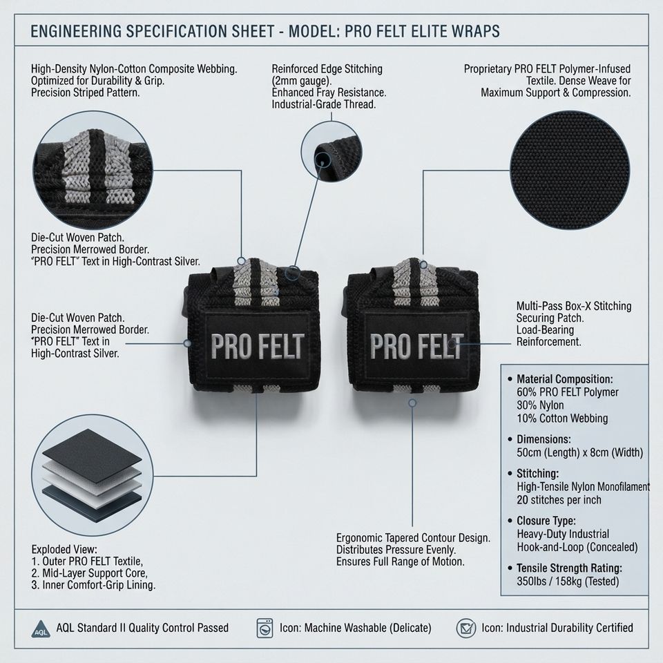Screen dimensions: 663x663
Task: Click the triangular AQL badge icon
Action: click(41, 628)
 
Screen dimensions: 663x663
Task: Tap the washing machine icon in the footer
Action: click(265, 628)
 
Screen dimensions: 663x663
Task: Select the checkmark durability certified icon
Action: click(466, 628)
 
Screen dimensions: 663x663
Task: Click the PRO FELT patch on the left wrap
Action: click(257, 346)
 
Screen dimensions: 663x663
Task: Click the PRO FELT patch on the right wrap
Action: click(417, 346)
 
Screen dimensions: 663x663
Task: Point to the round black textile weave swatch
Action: click(570, 171)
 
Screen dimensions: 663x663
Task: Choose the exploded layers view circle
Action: click(92, 475)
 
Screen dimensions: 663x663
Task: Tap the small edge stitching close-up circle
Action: click(331, 151)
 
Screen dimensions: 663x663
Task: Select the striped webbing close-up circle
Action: click(93, 171)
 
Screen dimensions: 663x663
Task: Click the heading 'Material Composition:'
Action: click(564, 379)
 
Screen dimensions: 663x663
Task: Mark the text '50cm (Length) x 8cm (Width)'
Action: click(579, 452)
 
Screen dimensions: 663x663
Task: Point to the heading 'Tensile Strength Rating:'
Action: click(569, 568)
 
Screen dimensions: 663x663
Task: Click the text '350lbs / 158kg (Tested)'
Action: click(568, 581)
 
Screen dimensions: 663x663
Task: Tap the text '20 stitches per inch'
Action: click(559, 500)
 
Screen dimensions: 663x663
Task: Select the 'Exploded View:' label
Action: click(64, 549)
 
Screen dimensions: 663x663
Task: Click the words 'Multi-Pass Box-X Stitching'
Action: click(574, 306)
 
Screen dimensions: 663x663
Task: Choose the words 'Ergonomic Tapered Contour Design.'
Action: click(413, 538)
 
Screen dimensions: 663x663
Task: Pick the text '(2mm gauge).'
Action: click(302, 81)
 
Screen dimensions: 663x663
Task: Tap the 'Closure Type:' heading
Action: click(546, 521)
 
